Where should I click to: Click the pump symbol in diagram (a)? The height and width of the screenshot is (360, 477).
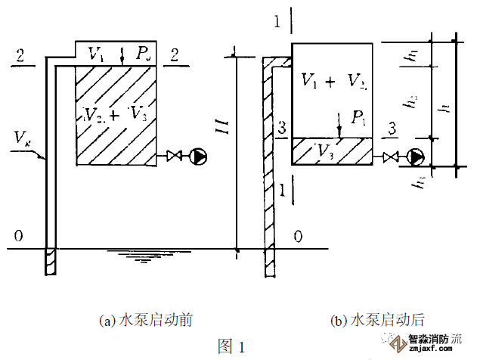pos(199,157)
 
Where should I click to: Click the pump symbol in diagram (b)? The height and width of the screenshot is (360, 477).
pos(417,157)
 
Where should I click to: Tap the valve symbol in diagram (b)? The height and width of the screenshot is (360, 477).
pos(392,157)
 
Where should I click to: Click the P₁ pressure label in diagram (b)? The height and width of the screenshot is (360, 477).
pos(357,118)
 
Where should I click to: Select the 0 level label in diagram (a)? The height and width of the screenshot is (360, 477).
pos(16,236)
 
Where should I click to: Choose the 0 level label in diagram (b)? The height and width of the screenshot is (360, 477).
pos(299,237)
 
